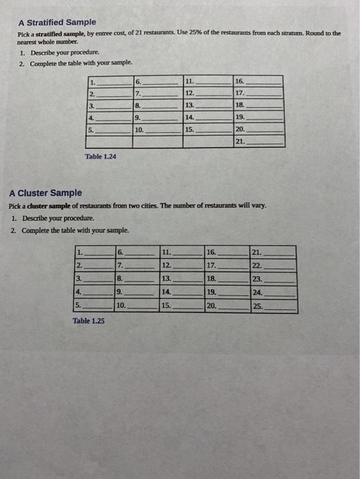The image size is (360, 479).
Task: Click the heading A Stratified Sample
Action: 57,23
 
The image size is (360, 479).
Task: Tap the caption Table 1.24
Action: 100,157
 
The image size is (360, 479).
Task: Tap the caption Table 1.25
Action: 88,320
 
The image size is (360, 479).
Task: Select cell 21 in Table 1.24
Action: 259,142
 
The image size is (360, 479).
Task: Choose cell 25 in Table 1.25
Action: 273,307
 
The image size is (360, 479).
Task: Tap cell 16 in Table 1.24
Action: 259,81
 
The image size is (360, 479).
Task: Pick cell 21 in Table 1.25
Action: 273,253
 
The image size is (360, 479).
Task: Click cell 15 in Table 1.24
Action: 207,129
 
